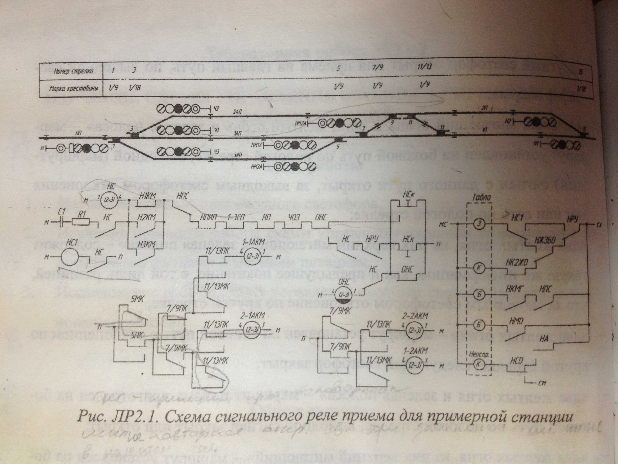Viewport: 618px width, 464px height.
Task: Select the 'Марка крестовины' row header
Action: tap(74, 89)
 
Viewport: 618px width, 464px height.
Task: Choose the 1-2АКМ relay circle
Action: tap(414, 365)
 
